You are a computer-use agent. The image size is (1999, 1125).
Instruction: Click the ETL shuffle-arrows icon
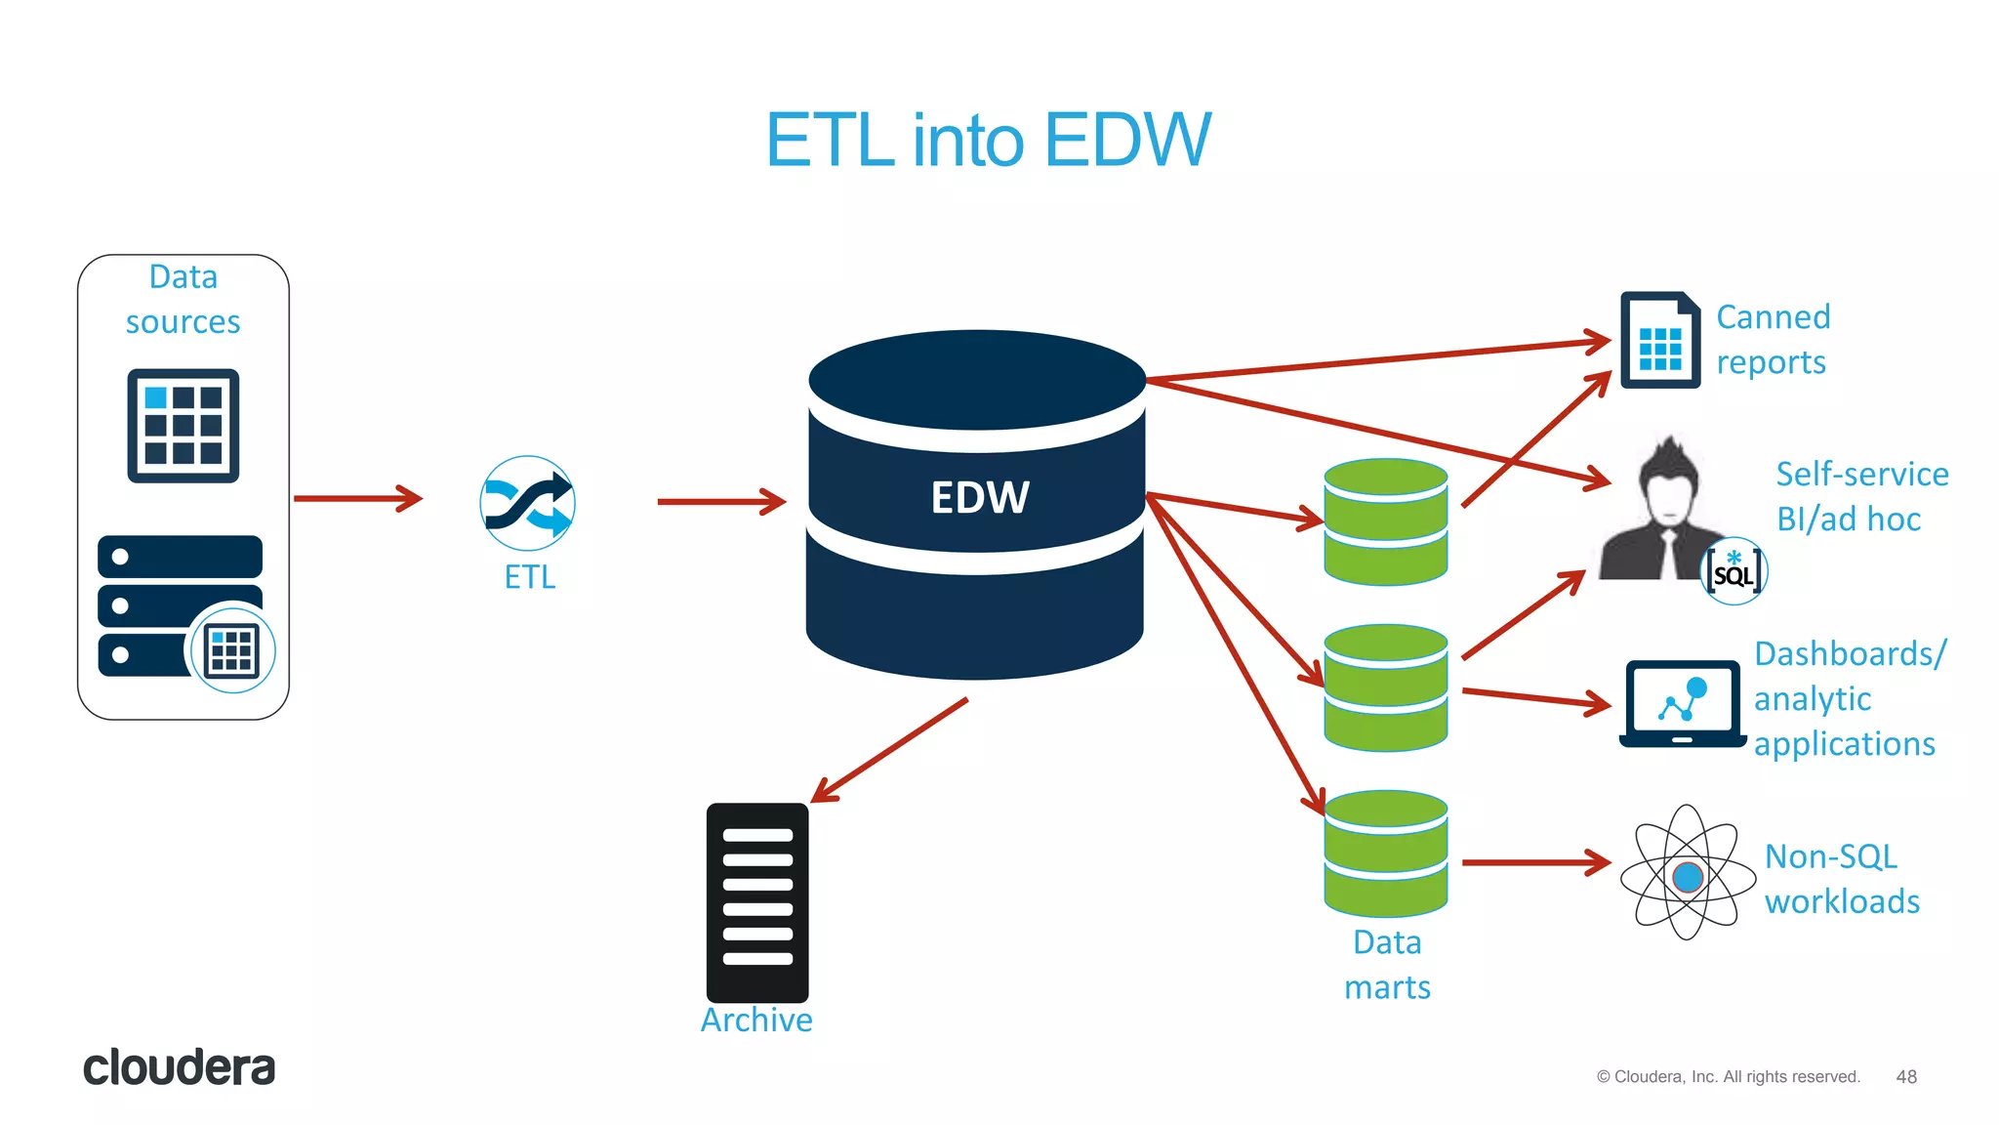527,503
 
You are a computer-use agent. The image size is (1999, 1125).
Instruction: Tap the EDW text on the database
979,497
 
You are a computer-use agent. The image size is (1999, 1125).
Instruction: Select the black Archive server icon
757,901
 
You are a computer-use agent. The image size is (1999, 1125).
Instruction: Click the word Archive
756,1020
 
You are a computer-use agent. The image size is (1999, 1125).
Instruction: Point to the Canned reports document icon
1659,340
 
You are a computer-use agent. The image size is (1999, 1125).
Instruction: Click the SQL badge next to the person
1734,572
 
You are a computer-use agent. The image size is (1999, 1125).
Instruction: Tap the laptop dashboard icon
1682,703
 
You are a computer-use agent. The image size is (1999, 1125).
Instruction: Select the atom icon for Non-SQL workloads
1688,873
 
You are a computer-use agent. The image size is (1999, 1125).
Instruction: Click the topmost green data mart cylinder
1385,521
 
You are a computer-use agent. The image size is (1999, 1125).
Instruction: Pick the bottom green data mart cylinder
1385,854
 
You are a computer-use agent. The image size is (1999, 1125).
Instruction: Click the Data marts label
1387,964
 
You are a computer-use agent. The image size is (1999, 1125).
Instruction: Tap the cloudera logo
179,1067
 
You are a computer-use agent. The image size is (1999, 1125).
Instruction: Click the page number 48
1906,1076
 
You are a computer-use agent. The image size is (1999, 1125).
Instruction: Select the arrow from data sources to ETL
357,498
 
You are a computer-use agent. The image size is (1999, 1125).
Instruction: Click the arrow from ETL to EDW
720,502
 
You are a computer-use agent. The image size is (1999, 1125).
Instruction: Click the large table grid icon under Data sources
184,426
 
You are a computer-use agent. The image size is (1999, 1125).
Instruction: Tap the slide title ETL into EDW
988,140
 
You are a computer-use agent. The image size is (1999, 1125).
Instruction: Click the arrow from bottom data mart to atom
1535,862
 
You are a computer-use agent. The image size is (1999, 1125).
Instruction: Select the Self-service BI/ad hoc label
1860,496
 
